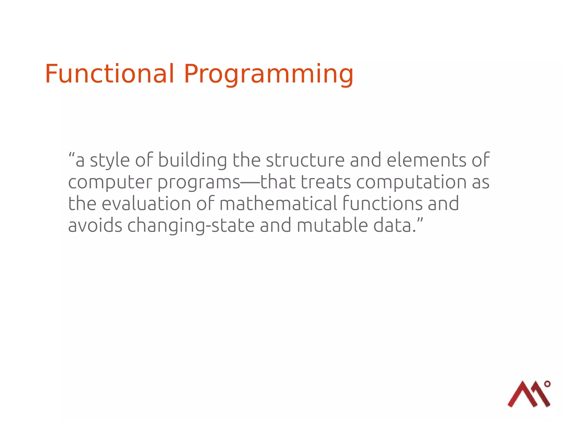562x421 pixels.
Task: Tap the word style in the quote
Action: tap(110, 161)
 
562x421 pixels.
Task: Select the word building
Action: tap(192, 160)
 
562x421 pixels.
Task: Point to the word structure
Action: tap(305, 160)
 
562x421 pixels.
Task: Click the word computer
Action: tap(110, 183)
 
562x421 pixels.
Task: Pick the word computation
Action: tap(411, 183)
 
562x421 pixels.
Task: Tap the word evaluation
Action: tap(146, 204)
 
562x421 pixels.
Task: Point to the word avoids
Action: tap(95, 225)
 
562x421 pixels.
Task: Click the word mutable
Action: tap(332, 225)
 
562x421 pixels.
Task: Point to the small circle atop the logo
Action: tap(547, 384)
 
